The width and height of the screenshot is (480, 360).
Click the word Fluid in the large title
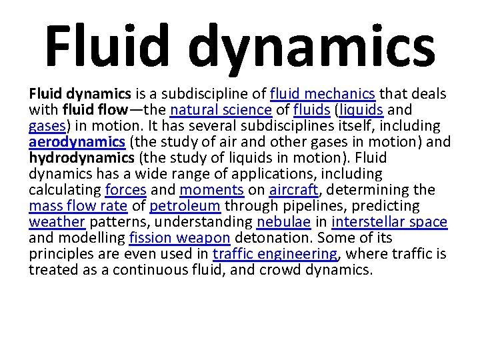click(x=107, y=43)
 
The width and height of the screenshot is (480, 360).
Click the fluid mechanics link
click(x=323, y=93)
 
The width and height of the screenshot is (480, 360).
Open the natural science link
click(x=221, y=109)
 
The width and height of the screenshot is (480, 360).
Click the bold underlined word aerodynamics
click(x=77, y=142)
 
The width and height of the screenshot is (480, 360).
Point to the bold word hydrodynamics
click(x=80, y=158)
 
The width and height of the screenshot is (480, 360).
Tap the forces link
click(x=126, y=190)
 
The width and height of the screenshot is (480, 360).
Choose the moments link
click(x=212, y=190)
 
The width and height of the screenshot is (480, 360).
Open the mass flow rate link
click(x=78, y=206)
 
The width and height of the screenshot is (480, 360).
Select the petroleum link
click(x=185, y=206)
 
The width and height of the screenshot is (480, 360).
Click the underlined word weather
click(x=57, y=222)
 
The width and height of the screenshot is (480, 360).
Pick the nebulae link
click(x=283, y=222)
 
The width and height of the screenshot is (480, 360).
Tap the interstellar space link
click(x=389, y=222)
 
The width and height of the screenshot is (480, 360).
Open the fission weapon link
click(x=189, y=238)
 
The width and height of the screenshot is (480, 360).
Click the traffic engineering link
click(x=275, y=254)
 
